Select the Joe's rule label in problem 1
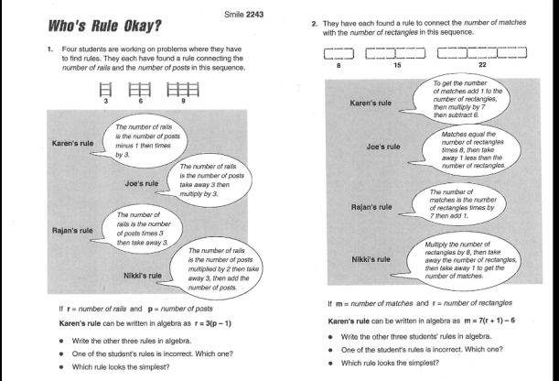click(142, 183)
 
